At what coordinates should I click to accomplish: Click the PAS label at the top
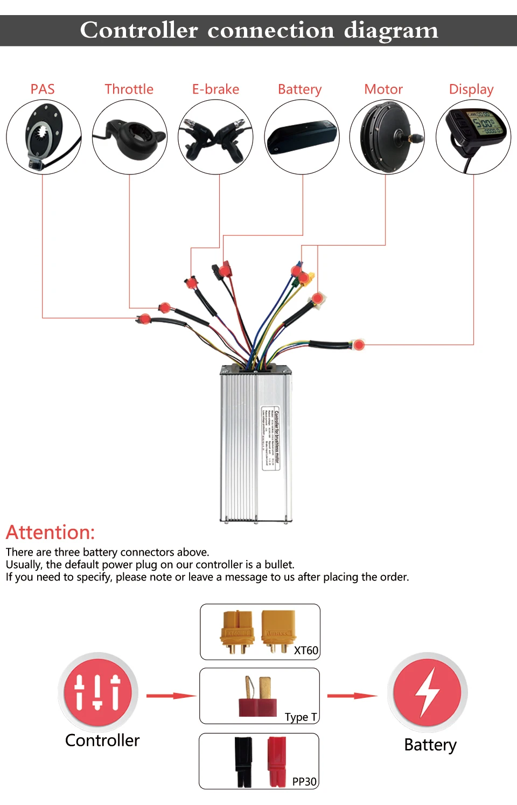[x=43, y=89]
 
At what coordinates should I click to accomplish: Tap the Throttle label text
[x=129, y=89]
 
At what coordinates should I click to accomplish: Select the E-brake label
[x=215, y=89]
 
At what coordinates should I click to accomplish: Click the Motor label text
[x=383, y=89]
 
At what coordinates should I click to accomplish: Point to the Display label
[x=471, y=89]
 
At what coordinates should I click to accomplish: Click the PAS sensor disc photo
[x=44, y=137]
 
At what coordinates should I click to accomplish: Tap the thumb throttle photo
[x=130, y=137]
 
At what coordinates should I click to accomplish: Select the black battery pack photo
[x=302, y=137]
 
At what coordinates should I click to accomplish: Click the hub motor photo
[x=387, y=137]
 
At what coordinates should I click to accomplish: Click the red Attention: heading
[x=50, y=533]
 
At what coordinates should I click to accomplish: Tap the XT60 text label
[x=306, y=650]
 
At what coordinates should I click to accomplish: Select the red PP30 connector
[x=277, y=761]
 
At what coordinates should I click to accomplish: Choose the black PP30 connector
[x=243, y=761]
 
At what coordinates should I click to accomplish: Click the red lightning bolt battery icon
[x=428, y=692]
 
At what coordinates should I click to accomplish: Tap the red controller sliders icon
[x=97, y=692]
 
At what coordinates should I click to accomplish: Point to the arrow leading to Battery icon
[x=353, y=696]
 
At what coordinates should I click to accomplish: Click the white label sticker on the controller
[x=271, y=438]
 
